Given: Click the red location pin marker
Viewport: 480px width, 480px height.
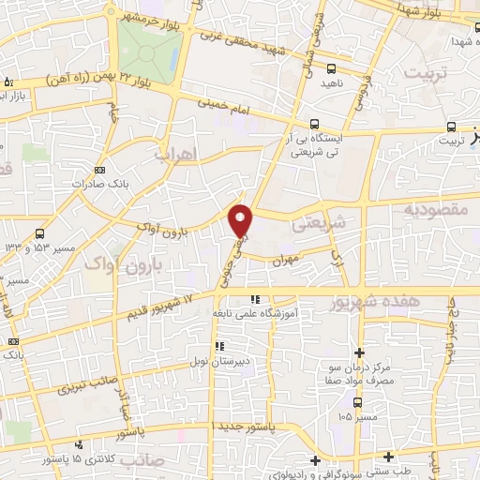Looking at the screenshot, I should click(x=242, y=219).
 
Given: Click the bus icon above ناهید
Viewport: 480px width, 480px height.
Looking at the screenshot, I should click(x=331, y=67).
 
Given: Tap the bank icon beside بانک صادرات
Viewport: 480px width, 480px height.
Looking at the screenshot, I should click(x=100, y=170).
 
